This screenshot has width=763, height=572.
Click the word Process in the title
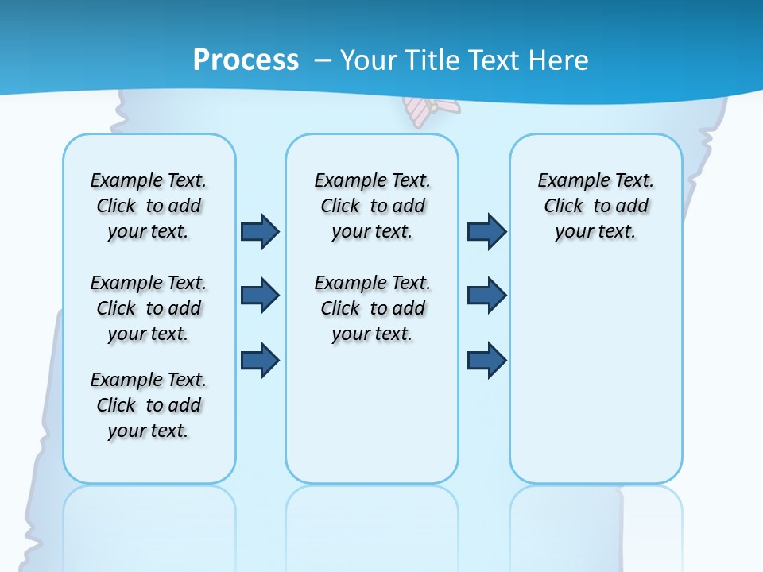tap(246, 60)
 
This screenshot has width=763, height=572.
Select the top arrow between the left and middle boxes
tap(260, 232)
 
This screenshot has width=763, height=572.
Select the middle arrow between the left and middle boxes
tap(260, 296)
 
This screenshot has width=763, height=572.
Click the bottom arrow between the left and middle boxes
tap(260, 361)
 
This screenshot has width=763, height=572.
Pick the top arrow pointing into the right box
tap(486, 232)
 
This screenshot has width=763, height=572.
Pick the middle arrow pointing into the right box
tap(486, 296)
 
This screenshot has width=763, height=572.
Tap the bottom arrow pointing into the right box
tap(486, 361)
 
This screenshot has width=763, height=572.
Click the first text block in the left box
tap(149, 206)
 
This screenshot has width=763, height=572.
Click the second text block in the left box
tap(149, 308)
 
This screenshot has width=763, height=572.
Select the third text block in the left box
tap(149, 405)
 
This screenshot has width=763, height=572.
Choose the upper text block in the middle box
tap(372, 206)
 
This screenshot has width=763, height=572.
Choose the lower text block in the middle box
tap(372, 308)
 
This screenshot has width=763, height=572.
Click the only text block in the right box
tap(595, 206)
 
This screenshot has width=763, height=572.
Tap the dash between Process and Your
tap(322, 60)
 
